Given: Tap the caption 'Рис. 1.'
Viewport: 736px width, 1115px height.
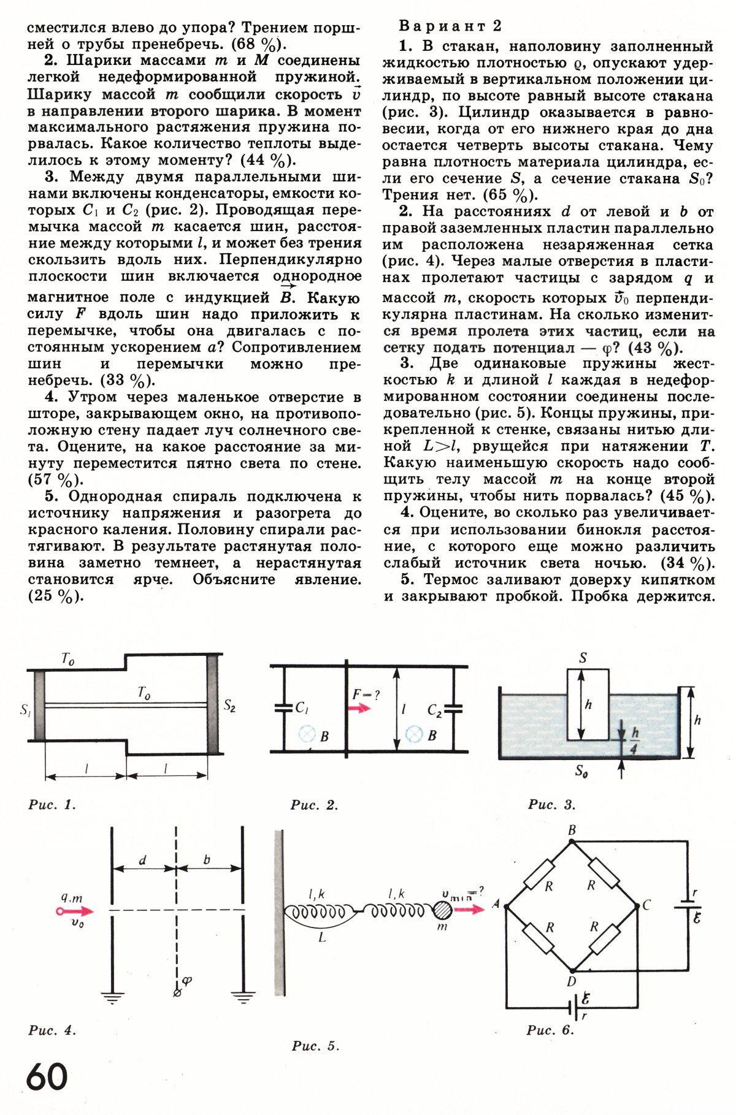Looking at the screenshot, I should coord(52,804).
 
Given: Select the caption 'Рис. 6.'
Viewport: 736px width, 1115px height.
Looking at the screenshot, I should coord(550,1030).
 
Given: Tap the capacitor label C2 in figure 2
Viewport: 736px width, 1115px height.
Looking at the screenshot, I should coord(434,711).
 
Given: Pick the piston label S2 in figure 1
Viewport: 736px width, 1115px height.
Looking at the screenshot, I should coord(229,706).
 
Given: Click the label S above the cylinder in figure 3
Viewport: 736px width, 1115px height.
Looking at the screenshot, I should coord(583,658).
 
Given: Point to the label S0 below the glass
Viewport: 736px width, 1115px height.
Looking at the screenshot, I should coord(581,771).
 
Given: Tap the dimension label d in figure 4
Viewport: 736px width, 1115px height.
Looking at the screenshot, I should coord(143,860).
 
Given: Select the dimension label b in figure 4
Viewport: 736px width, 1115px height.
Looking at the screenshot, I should coord(207,860).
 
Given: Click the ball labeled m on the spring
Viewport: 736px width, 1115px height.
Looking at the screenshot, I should coord(442,910).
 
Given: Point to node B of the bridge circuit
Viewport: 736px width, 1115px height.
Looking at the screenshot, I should coord(572,831).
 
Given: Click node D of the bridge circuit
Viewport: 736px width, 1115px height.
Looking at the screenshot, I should coord(572,981).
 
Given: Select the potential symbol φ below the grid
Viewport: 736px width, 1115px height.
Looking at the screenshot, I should coord(187,980).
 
